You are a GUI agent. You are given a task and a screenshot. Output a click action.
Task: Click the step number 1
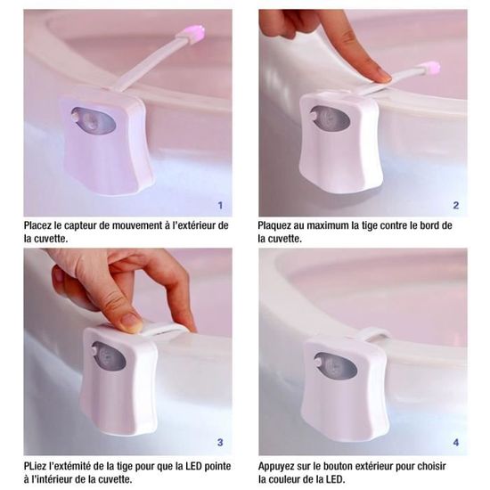pos(220,205)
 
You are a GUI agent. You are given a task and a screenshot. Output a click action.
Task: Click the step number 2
pos(456,205)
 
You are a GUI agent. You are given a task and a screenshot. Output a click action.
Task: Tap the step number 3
pos(220,442)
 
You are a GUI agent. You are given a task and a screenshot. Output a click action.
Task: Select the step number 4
pos(456,442)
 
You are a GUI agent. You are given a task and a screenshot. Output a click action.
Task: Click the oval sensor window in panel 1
pos(94,122)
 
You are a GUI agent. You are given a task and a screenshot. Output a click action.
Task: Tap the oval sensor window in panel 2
pos(330,121)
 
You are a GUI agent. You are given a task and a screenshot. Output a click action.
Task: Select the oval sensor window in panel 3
pos(109,356)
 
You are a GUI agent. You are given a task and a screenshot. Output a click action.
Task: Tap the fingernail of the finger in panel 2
pos(383,76)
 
